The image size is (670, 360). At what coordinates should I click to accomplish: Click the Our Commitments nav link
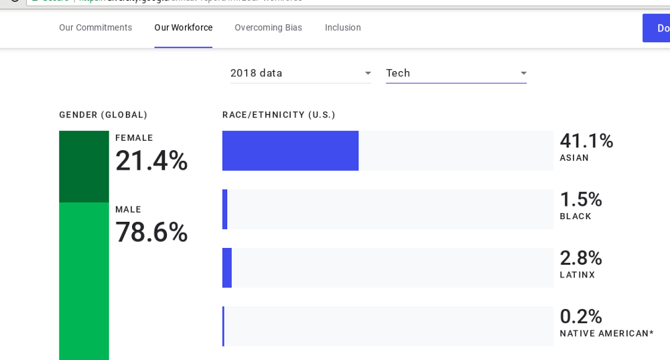pyautogui.click(x=95, y=27)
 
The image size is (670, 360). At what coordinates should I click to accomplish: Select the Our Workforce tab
pyautogui.click(x=183, y=27)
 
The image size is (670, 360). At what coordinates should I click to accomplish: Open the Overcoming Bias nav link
pyautogui.click(x=268, y=27)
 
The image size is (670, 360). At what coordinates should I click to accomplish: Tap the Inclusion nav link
pyautogui.click(x=342, y=27)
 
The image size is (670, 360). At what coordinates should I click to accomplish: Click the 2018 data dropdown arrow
pyautogui.click(x=368, y=73)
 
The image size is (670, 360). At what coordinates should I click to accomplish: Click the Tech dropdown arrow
pyautogui.click(x=523, y=73)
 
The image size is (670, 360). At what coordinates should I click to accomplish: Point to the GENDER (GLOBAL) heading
pyautogui.click(x=103, y=115)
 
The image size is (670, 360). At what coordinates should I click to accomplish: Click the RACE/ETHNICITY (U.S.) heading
pyautogui.click(x=279, y=115)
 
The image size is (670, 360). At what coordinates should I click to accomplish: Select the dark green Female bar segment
pyautogui.click(x=84, y=166)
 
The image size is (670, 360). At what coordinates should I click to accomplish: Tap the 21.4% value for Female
pyautogui.click(x=151, y=161)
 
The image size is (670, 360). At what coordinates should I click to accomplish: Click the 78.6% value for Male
pyautogui.click(x=151, y=233)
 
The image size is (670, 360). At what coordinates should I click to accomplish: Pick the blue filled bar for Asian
pyautogui.click(x=290, y=151)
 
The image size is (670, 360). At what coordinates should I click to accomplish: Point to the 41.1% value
pyautogui.click(x=586, y=141)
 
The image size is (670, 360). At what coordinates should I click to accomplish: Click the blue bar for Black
pyautogui.click(x=225, y=209)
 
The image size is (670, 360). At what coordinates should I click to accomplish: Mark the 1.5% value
pyautogui.click(x=580, y=200)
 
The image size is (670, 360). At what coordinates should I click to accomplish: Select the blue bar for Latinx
pyautogui.click(x=227, y=267)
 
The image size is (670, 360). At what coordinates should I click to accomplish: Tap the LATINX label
pyautogui.click(x=577, y=275)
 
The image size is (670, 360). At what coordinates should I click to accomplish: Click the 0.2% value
pyautogui.click(x=580, y=316)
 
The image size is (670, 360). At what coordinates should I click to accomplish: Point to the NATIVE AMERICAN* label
pyautogui.click(x=606, y=333)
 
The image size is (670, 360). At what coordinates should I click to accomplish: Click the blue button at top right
pyautogui.click(x=657, y=28)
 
